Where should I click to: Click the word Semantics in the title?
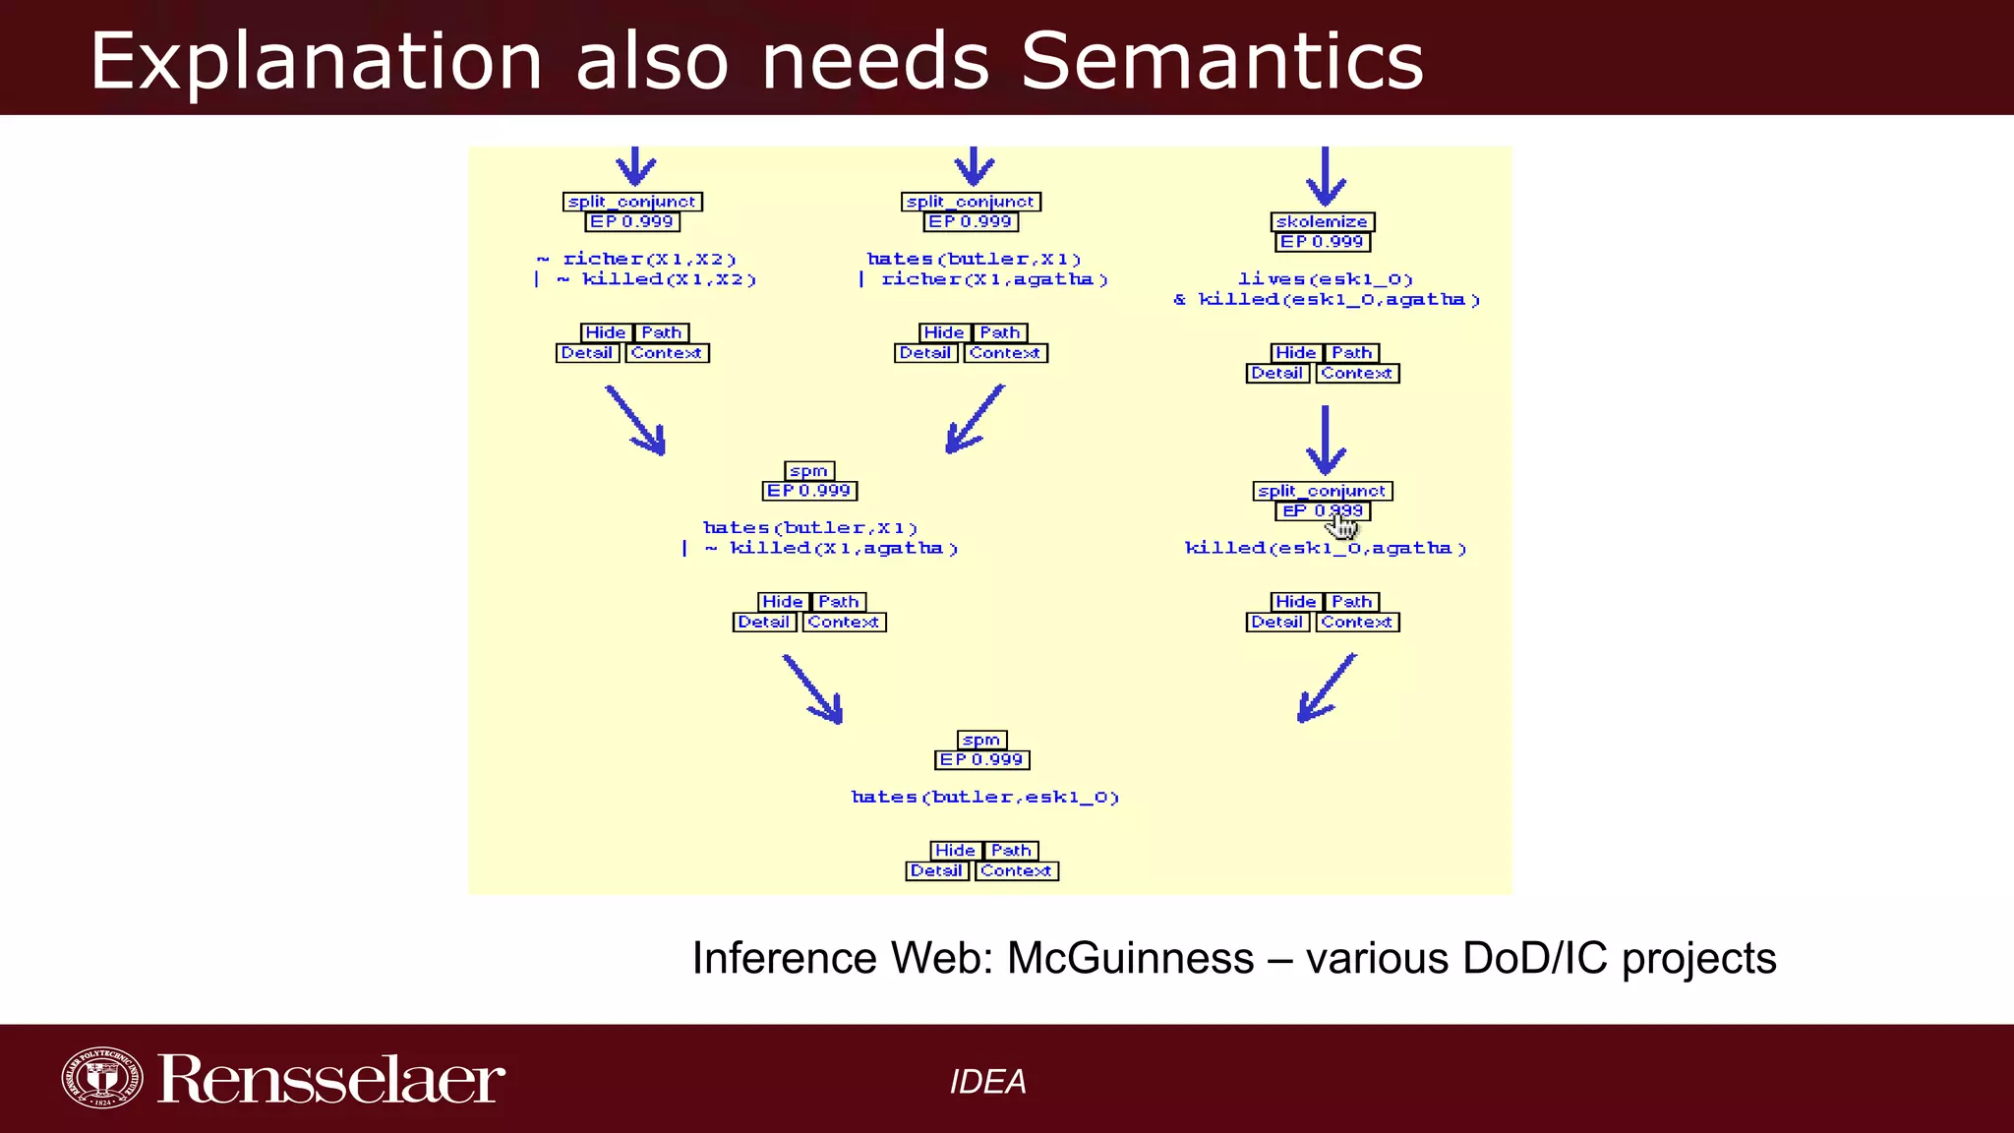1222,61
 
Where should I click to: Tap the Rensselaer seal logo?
101,1077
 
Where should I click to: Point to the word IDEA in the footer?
987,1082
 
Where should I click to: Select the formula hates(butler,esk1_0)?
985,798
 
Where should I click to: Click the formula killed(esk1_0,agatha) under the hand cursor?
1325,549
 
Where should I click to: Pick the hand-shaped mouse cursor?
1341,525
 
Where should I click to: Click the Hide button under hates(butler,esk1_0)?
955,851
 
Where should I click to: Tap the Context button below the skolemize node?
1356,374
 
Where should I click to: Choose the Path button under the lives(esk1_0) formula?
1352,353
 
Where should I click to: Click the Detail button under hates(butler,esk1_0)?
936,871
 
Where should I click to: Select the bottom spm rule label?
981,741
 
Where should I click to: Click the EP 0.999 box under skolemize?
1322,242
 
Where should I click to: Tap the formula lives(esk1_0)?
1325,279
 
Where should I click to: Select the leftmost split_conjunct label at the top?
632,202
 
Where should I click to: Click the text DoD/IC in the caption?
1535,958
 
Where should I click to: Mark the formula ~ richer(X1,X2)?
637,260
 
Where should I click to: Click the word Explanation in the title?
316,61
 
